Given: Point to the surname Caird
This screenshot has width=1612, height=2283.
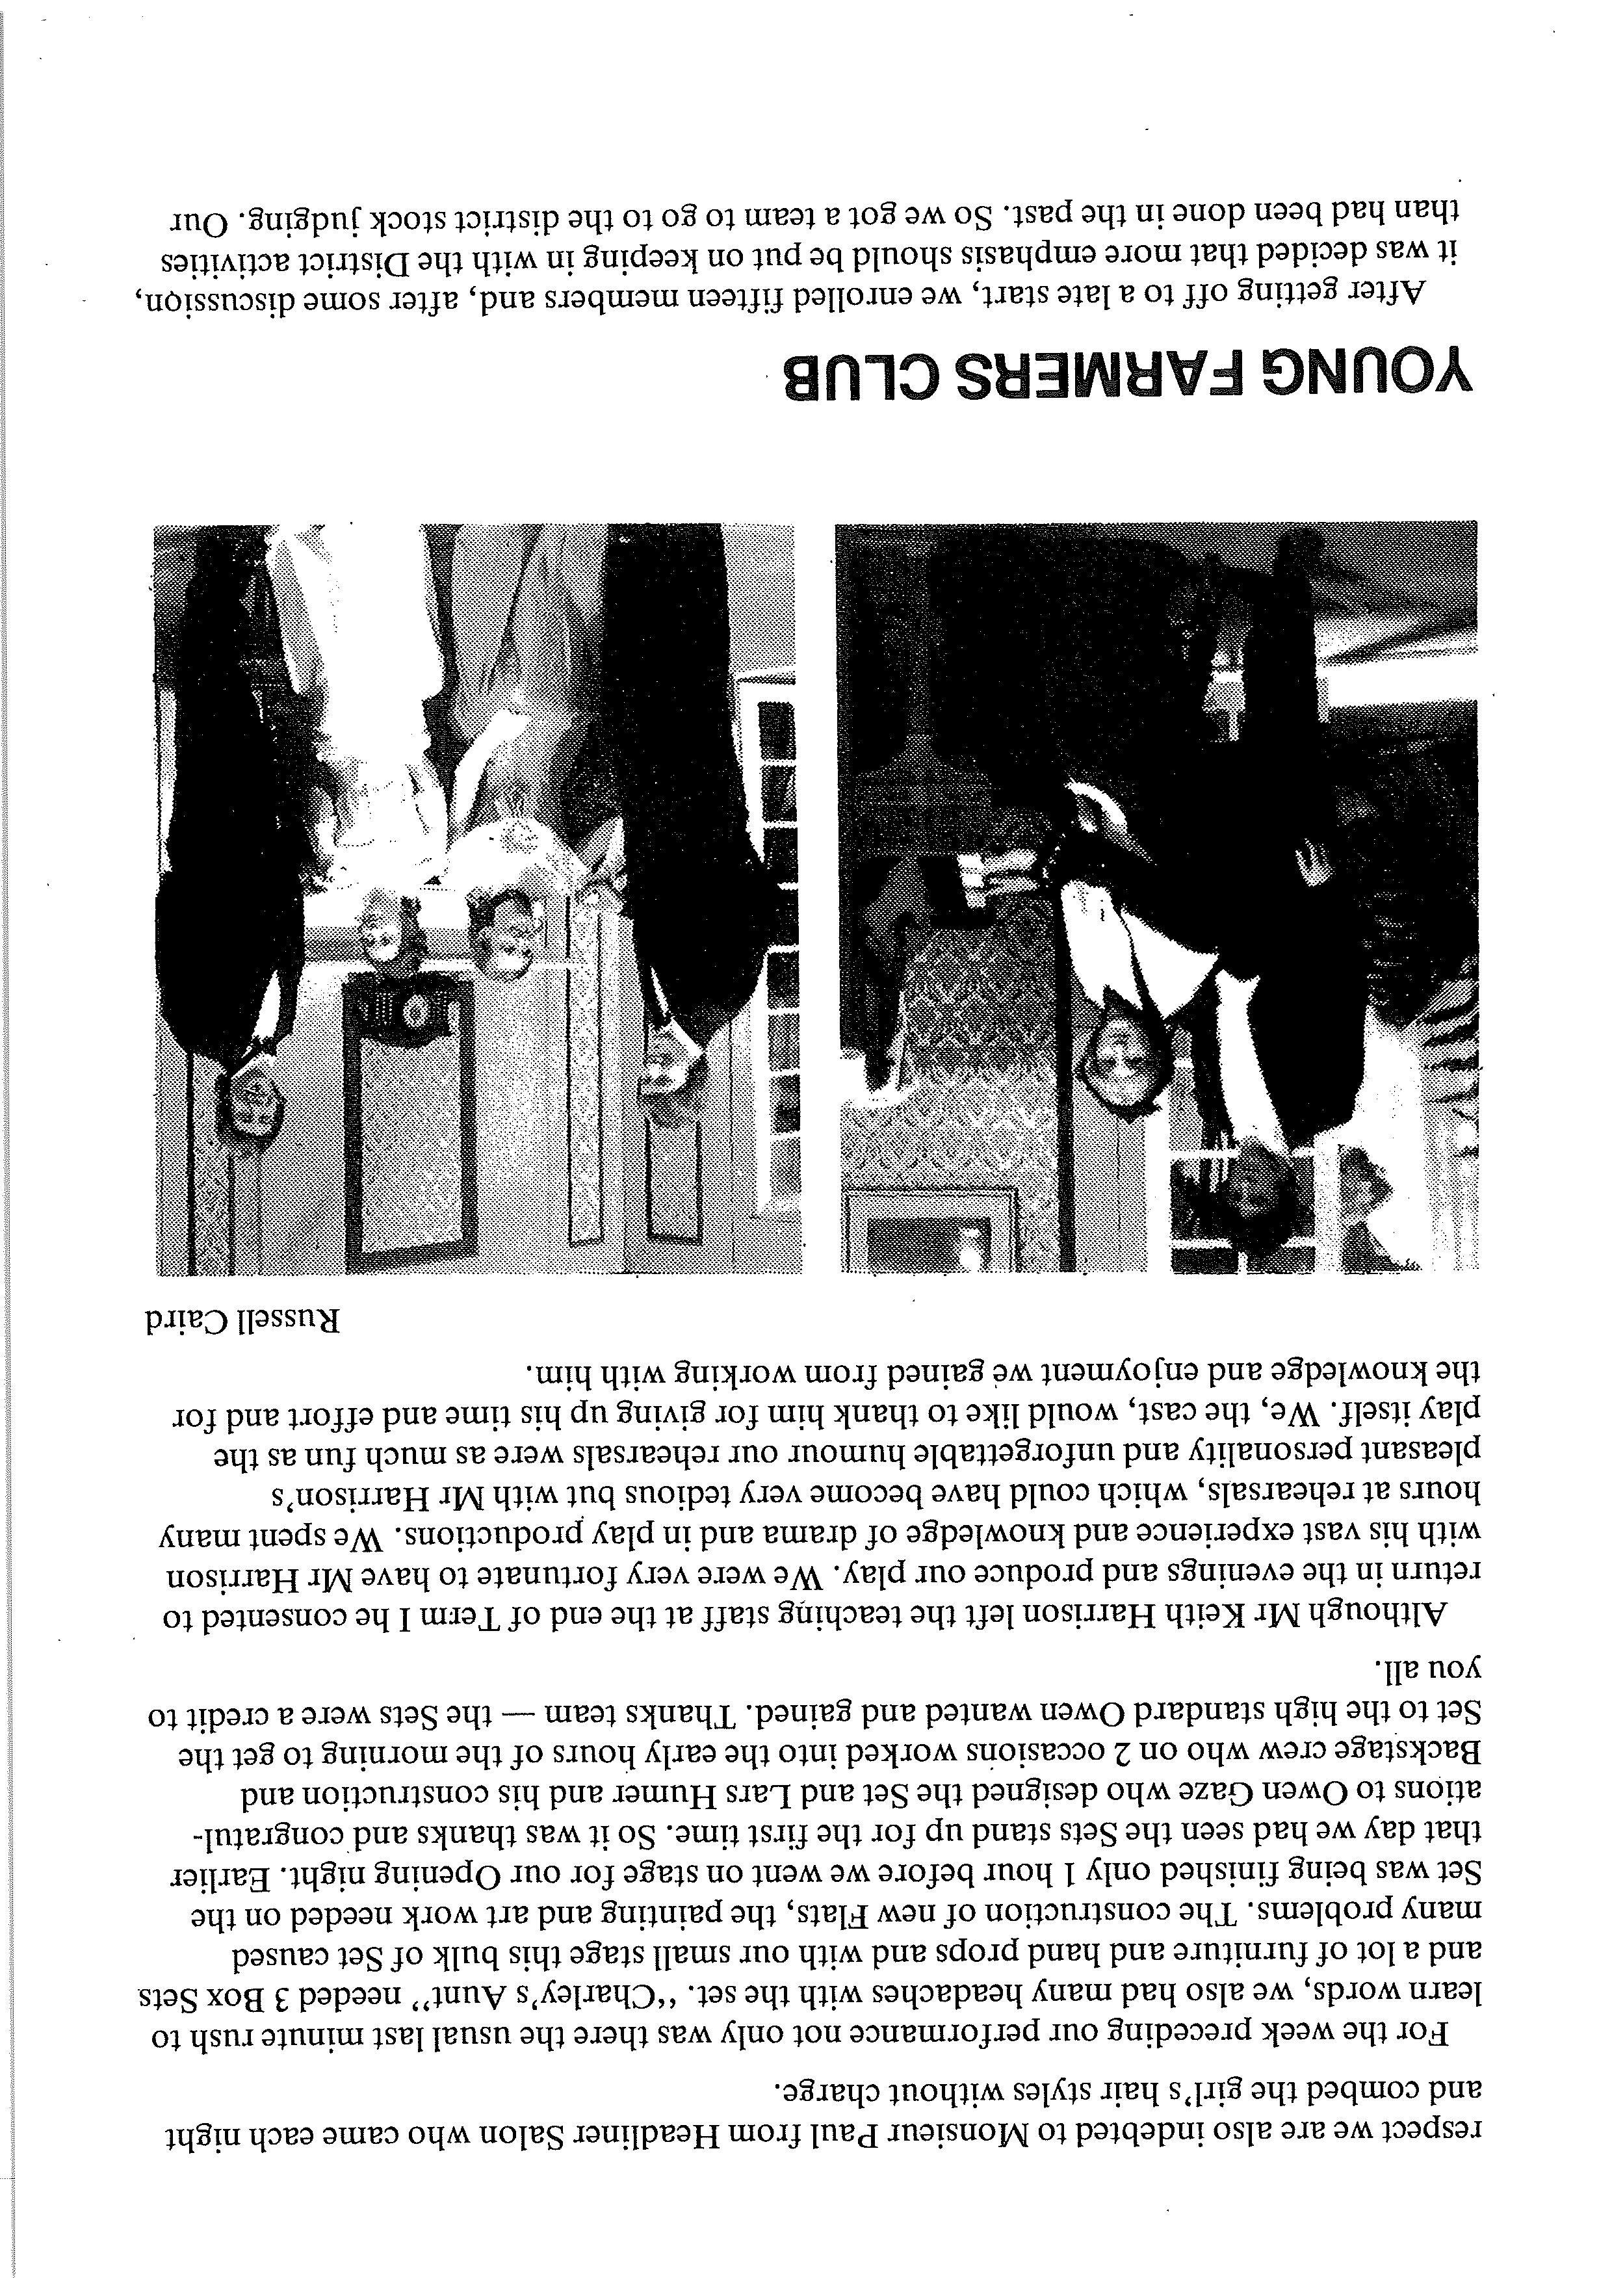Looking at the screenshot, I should [183, 1320].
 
